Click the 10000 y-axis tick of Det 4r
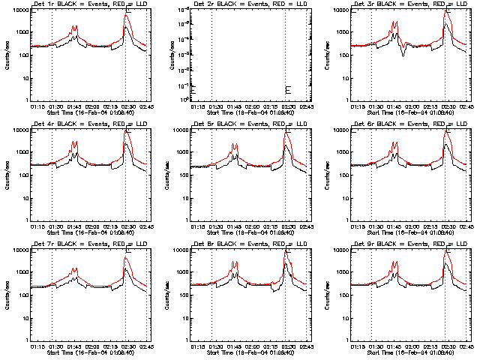pyautogui.click(x=17, y=130)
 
